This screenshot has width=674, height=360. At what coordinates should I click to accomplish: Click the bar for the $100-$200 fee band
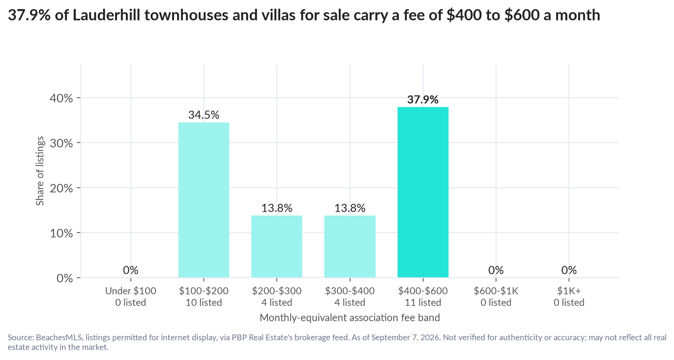(x=204, y=200)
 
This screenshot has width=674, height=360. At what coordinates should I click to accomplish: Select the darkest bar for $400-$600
(x=423, y=192)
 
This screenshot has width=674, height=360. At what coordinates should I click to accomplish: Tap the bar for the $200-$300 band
(x=277, y=246)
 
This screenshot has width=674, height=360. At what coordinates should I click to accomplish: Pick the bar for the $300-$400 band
(x=350, y=246)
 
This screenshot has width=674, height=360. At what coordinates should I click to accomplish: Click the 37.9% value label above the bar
(x=423, y=100)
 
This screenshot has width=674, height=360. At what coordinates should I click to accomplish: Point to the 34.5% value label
(x=204, y=115)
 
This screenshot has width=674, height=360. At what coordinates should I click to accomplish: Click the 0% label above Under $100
(x=131, y=270)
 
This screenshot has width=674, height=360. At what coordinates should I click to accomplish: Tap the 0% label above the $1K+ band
(x=569, y=270)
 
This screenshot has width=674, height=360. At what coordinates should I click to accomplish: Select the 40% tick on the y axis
(x=61, y=98)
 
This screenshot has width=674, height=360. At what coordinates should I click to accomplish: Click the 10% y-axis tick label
(x=61, y=233)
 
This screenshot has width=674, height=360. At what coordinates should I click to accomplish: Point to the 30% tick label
(x=61, y=143)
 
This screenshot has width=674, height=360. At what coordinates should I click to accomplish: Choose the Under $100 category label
(x=131, y=291)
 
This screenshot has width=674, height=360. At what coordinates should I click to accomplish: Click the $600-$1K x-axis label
(x=496, y=291)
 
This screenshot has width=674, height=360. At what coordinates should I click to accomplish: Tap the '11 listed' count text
(x=423, y=302)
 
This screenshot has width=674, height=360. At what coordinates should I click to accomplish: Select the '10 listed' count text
(x=204, y=302)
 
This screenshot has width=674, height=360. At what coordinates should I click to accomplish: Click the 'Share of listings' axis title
(x=40, y=171)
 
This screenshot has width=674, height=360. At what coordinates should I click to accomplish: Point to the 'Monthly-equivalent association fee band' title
(x=350, y=318)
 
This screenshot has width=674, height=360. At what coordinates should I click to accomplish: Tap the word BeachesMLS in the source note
(x=59, y=337)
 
